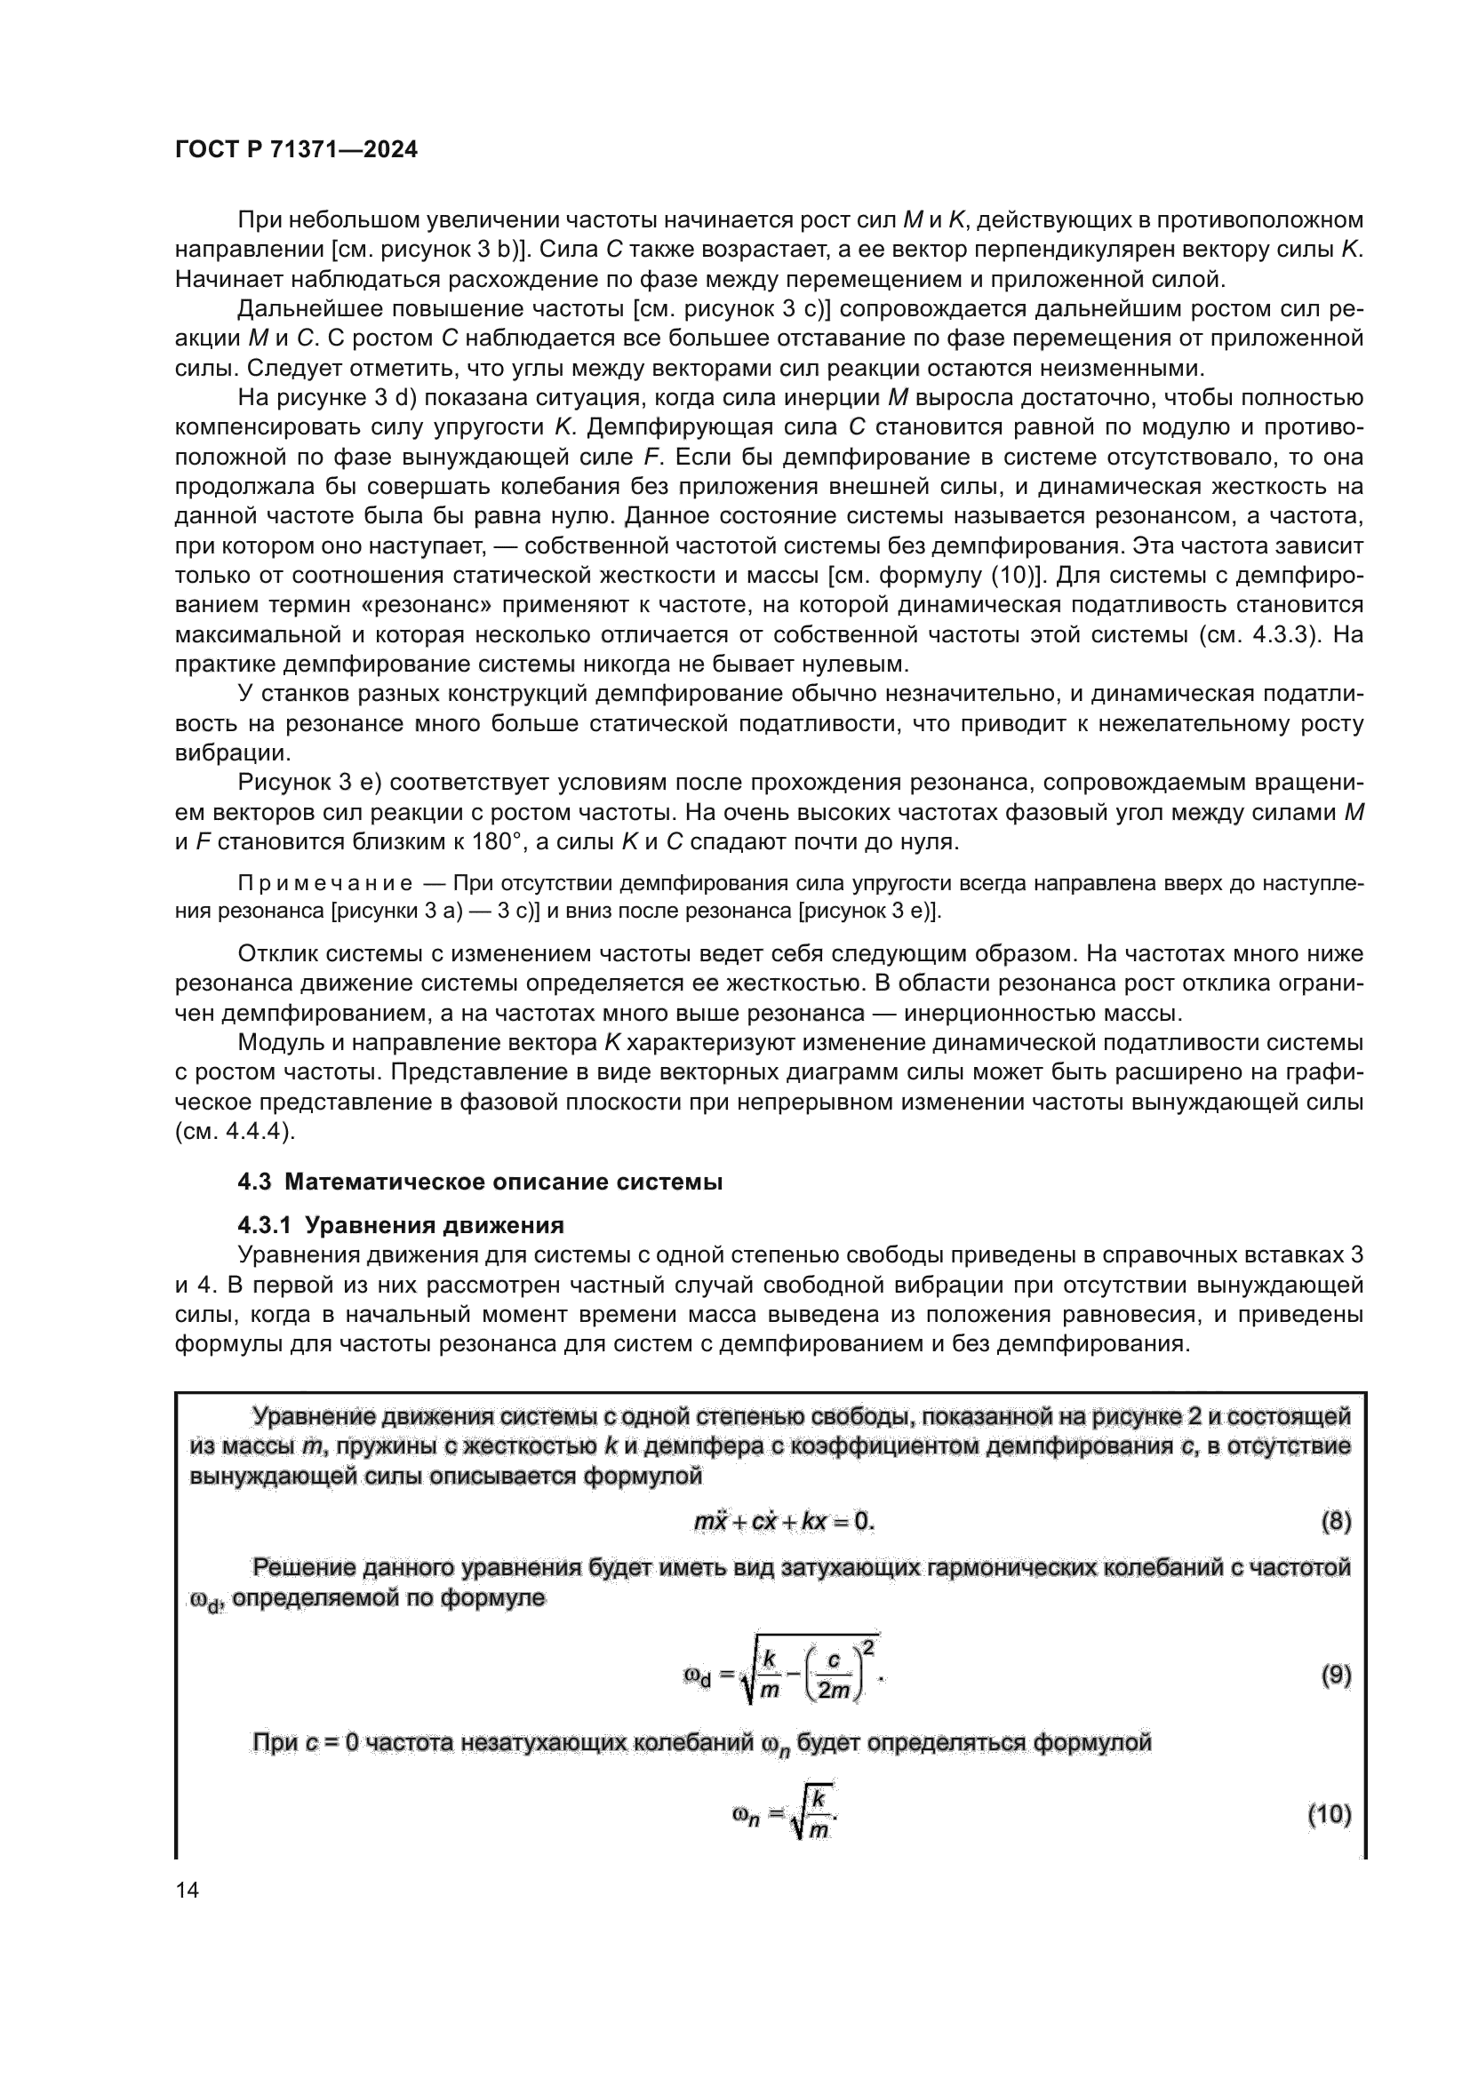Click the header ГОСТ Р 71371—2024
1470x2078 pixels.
click(x=296, y=150)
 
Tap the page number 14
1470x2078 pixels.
click(x=188, y=1890)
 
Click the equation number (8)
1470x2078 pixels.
click(x=1336, y=1520)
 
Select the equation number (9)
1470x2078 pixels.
click(x=1336, y=1675)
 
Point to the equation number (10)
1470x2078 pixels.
click(x=1329, y=1814)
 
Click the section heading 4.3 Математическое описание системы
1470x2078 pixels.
click(x=480, y=1182)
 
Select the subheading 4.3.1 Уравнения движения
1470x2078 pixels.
click(x=400, y=1225)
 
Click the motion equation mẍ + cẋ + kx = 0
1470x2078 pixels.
click(x=784, y=1520)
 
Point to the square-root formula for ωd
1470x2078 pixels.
click(x=784, y=1675)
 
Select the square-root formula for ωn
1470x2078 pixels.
click(x=785, y=1814)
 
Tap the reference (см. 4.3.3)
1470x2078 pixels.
click(x=1257, y=634)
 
